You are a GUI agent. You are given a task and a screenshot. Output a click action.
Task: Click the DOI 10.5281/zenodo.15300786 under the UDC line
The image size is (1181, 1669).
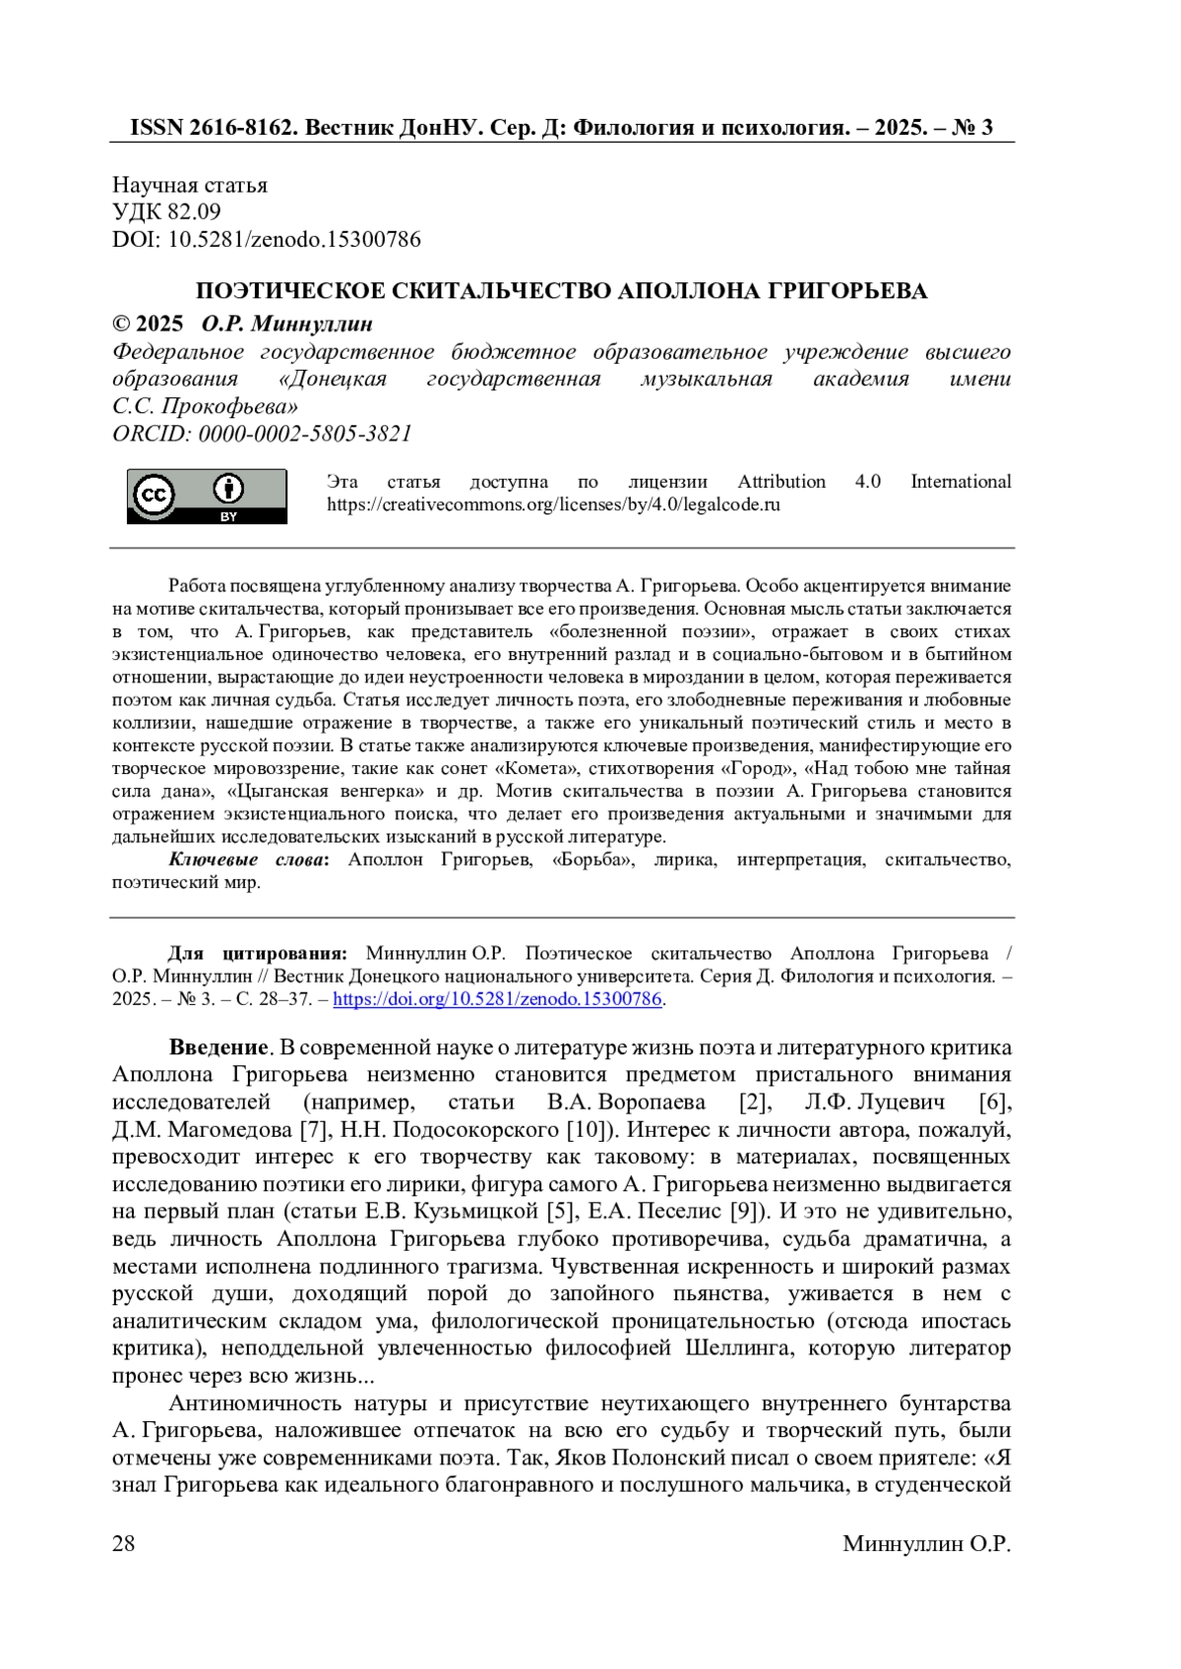click(x=294, y=239)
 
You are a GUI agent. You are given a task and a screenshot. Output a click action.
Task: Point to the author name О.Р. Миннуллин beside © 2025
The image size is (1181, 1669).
click(x=286, y=325)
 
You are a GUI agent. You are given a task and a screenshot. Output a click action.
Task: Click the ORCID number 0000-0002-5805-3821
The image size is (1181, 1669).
click(x=305, y=434)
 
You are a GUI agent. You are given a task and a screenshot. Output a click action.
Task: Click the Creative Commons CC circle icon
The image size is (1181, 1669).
click(x=155, y=496)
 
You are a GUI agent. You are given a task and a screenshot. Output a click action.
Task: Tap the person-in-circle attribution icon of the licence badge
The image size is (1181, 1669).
click(x=228, y=489)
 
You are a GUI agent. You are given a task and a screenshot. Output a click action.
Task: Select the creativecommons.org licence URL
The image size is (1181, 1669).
click(x=553, y=506)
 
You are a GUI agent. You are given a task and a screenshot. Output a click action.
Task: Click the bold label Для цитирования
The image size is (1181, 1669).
click(x=257, y=954)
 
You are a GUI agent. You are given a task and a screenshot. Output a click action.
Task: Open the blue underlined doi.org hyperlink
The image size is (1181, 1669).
click(x=497, y=1000)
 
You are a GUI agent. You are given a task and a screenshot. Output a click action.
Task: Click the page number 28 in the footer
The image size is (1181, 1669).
click(x=124, y=1544)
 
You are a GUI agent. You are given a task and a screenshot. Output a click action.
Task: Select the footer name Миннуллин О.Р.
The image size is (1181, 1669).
click(x=926, y=1544)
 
